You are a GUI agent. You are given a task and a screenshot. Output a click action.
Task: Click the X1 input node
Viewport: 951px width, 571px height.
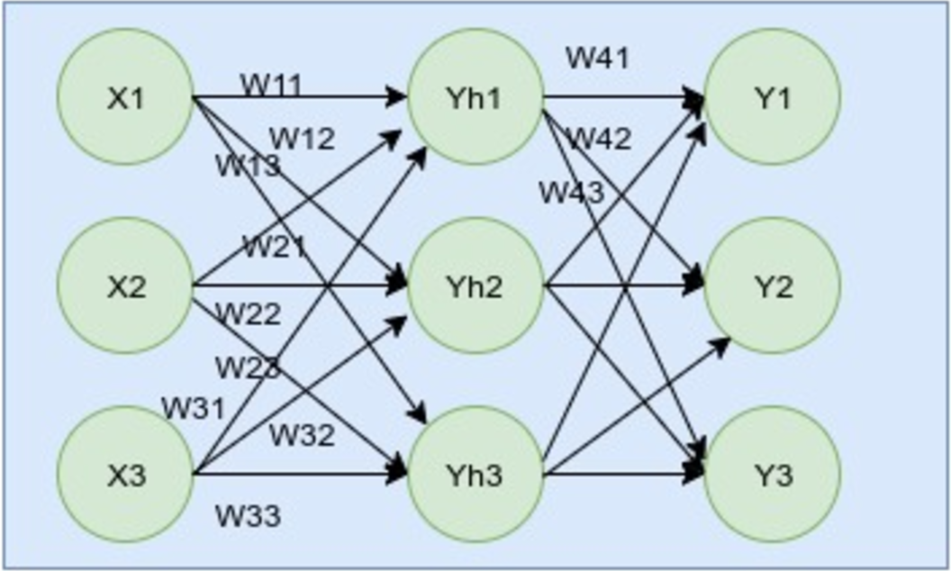click(x=126, y=97)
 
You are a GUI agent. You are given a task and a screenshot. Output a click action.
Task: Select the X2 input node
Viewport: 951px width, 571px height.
click(x=126, y=286)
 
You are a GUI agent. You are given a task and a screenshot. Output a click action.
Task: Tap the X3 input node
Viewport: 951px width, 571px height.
click(x=126, y=475)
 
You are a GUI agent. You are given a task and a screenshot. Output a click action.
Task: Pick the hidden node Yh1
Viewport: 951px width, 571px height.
click(x=475, y=97)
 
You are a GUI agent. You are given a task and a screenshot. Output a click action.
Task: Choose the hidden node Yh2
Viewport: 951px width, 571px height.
click(x=475, y=286)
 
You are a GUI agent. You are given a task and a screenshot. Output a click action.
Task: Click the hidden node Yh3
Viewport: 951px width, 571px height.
click(x=475, y=475)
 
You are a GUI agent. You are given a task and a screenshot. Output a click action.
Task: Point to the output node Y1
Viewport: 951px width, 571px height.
click(x=772, y=97)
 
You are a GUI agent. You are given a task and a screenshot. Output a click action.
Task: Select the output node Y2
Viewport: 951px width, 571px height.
click(x=772, y=286)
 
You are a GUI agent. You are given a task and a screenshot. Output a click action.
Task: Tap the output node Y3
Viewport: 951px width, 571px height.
click(x=772, y=475)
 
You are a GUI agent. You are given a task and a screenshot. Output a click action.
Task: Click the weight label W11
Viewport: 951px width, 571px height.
click(x=271, y=86)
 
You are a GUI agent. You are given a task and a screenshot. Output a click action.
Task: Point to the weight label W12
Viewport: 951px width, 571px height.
click(x=302, y=139)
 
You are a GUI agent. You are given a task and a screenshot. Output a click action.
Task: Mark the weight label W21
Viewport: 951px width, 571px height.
click(x=274, y=247)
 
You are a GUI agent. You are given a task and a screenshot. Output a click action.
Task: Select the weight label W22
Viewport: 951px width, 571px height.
click(x=249, y=314)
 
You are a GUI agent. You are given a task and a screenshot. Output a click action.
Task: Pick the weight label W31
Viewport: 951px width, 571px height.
click(x=193, y=408)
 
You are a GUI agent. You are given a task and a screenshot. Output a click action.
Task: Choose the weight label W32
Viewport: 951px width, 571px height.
click(x=302, y=435)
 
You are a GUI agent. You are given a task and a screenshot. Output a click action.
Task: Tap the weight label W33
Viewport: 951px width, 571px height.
click(x=248, y=516)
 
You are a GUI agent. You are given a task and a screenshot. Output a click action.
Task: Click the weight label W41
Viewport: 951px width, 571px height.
click(x=597, y=58)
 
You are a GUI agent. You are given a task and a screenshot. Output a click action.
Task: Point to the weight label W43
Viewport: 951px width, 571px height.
click(x=572, y=192)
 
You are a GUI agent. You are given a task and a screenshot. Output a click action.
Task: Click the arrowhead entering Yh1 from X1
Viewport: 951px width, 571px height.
click(x=397, y=97)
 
